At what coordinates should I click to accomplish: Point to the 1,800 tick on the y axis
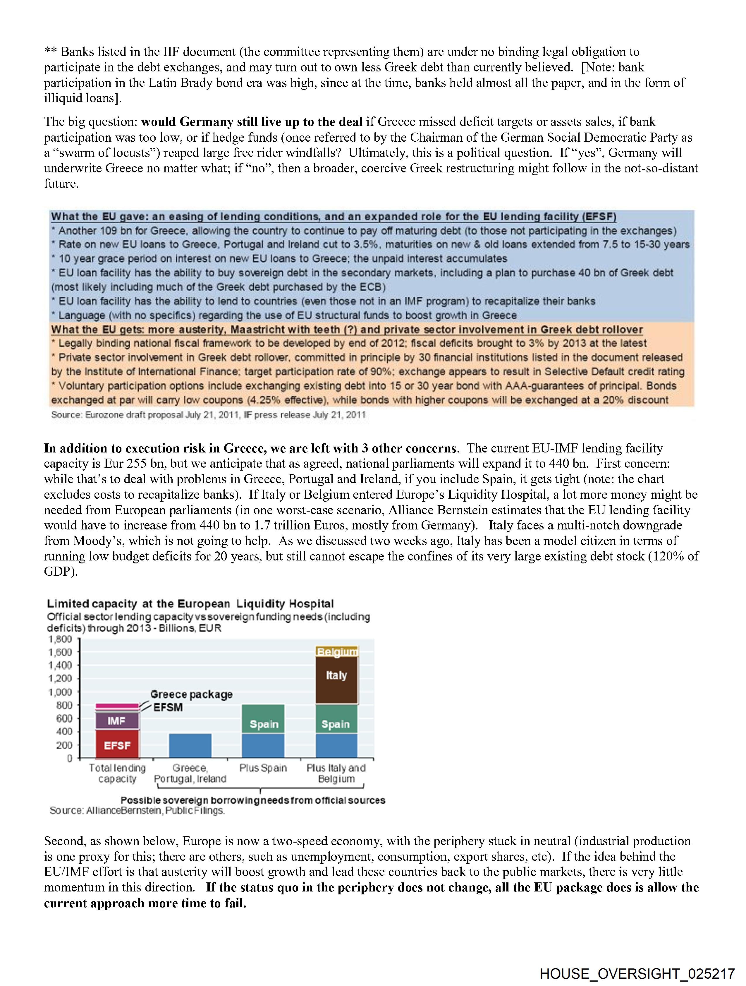click(x=60, y=639)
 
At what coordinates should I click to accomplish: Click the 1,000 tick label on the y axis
click(x=60, y=692)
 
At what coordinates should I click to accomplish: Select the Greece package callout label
click(x=191, y=694)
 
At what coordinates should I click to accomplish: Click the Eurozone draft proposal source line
click(x=208, y=414)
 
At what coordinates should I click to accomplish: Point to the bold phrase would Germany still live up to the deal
click(x=252, y=122)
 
